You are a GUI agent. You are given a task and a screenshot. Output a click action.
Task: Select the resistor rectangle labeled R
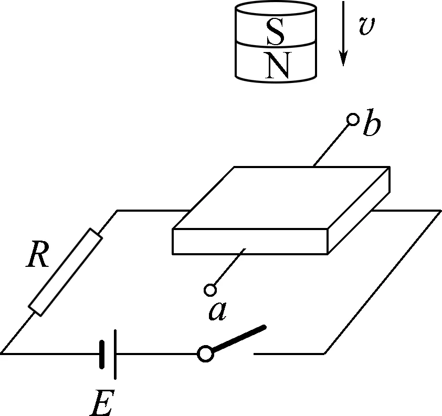(x=65, y=272)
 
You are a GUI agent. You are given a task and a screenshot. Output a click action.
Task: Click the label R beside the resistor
(x=38, y=256)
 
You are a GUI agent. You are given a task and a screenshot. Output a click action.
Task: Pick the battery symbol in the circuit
(x=107, y=353)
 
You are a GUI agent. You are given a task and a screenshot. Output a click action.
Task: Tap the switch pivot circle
(x=205, y=353)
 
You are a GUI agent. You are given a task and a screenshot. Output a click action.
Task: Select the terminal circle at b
(x=353, y=120)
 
